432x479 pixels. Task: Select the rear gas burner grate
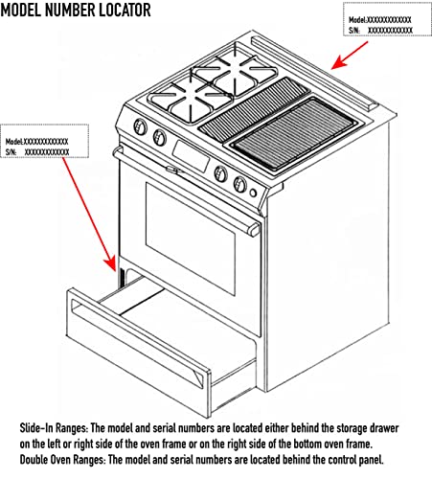coord(223,74)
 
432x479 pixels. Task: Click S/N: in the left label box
coord(13,151)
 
